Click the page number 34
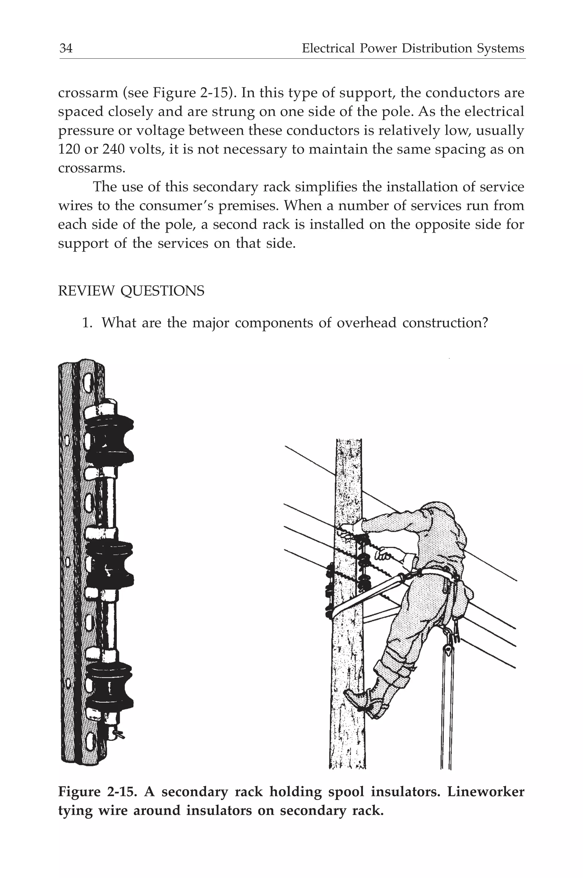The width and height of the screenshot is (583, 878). pos(66,48)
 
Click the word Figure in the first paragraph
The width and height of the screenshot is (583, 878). pos(172,93)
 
